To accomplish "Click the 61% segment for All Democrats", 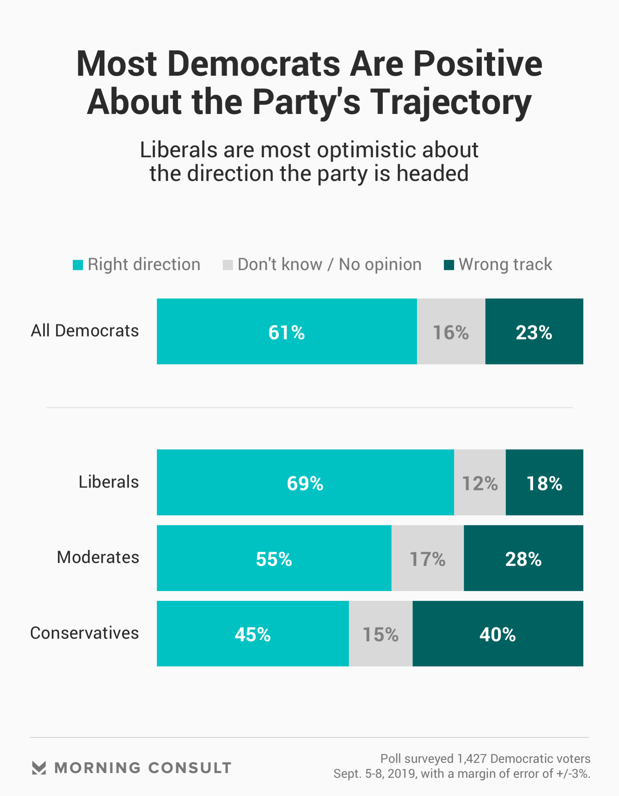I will click(287, 331).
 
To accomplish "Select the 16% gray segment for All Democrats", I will click(451, 331).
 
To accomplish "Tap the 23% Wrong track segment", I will click(534, 331).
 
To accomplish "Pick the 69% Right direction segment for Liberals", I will click(305, 482).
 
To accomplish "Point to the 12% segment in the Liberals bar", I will click(480, 482).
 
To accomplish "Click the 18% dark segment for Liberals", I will click(544, 482).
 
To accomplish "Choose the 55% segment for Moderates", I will click(274, 558).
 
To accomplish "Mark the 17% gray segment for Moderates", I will click(427, 558).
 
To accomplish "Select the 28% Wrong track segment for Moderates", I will click(524, 558).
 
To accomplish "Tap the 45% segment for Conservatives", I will click(253, 634).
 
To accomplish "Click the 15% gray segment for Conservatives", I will click(381, 634).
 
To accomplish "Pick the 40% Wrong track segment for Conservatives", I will click(498, 634).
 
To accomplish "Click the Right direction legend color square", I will click(78, 265).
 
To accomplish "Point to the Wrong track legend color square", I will click(449, 265).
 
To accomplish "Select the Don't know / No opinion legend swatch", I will click(228, 265).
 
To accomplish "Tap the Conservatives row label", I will click(84, 633).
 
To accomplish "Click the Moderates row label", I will click(98, 557).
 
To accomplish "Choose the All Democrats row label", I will click(85, 331).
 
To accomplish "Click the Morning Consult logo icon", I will click(39, 768).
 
